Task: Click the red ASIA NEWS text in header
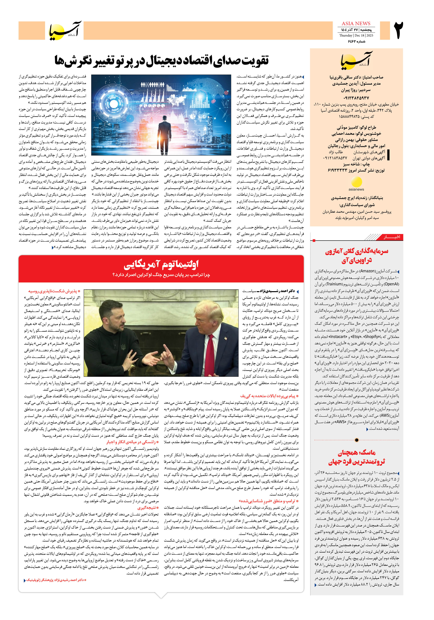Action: click(x=356, y=23)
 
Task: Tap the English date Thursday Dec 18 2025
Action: click(x=356, y=35)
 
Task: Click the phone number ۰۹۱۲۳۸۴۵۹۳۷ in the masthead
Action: click(x=356, y=98)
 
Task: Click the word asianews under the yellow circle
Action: click(x=356, y=189)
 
